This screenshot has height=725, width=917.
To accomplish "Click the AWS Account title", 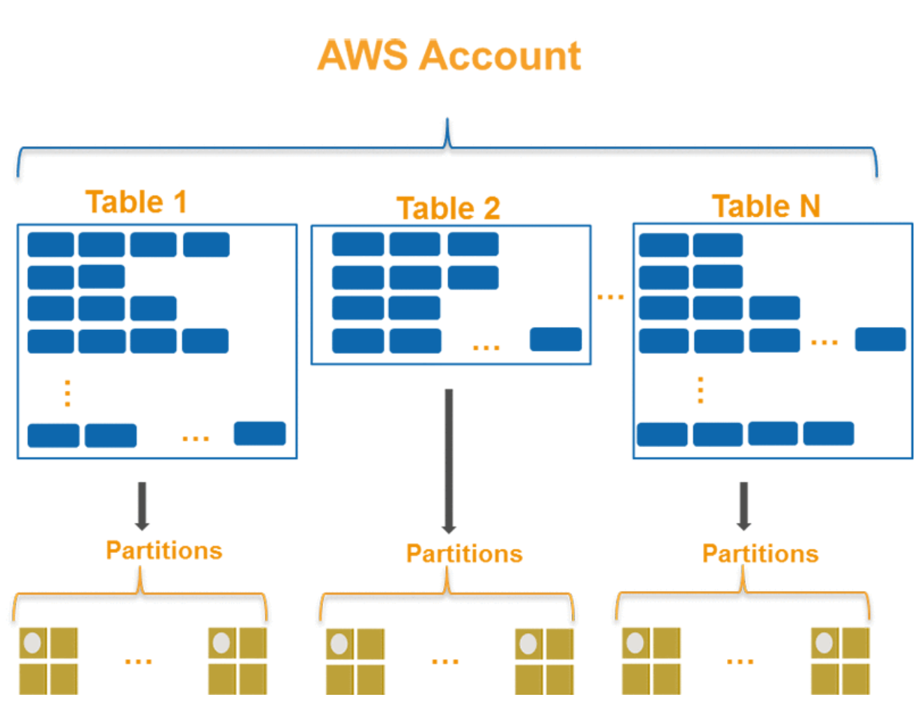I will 449,55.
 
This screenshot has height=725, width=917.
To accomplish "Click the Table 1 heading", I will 137,202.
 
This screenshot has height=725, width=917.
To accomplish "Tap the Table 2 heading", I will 449,208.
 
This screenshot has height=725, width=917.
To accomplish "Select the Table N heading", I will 766,206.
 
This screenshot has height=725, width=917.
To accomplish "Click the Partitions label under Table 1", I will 164,550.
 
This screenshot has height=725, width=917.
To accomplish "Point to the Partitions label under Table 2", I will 464,554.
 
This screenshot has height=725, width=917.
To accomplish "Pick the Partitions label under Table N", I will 760,554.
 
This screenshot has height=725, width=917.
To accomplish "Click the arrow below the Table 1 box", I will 142,506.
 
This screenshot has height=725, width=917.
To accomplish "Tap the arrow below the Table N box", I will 744,506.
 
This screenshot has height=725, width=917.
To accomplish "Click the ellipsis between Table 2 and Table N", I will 610,298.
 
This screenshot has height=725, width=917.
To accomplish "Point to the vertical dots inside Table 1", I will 67,393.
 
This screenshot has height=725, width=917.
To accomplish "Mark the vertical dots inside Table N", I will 700,390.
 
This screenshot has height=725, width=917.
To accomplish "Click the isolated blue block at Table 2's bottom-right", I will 555,339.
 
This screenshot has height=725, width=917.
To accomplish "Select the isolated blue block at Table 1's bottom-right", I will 259,433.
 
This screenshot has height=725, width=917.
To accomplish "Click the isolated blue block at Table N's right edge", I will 880,339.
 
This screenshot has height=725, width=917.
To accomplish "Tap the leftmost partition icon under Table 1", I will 48,660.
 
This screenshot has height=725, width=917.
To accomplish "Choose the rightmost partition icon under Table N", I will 840,660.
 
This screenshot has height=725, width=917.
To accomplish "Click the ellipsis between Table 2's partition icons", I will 445,661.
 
